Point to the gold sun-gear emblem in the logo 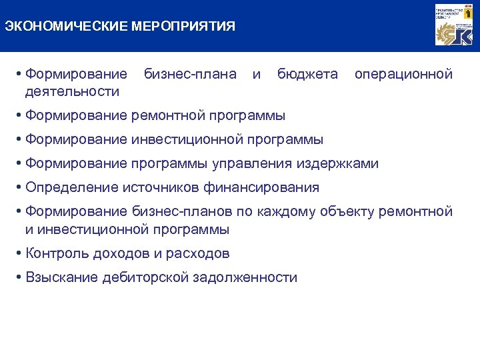click(445, 33)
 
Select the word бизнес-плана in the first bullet click(191, 74)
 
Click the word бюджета click(307, 74)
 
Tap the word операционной click(403, 74)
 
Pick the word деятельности click(73, 91)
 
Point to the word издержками click(341, 163)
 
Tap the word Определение click(71, 187)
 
